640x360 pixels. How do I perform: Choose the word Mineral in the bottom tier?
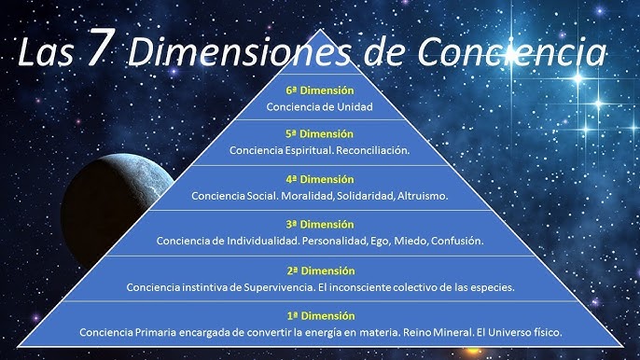point(452,332)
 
